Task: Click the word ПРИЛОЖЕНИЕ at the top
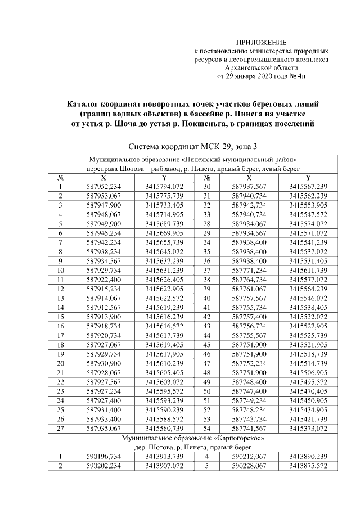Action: point(260,43)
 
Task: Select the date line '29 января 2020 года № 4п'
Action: point(260,76)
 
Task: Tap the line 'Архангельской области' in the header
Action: point(260,67)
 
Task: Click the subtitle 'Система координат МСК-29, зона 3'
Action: point(193,147)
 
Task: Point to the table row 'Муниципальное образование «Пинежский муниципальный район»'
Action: point(193,159)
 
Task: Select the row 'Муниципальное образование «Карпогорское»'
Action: point(193,436)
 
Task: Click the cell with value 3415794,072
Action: point(164,186)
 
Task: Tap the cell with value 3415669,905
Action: point(164,233)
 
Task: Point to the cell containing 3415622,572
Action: point(164,298)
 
